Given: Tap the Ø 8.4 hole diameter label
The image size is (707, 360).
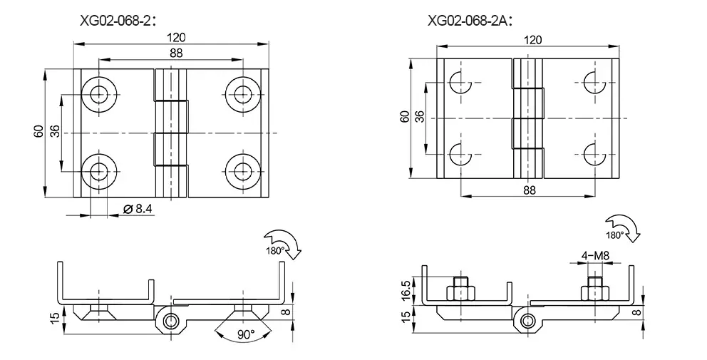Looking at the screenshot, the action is (138, 208).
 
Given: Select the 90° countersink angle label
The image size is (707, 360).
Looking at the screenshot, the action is (246, 334).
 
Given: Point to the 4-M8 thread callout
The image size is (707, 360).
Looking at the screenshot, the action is (595, 256).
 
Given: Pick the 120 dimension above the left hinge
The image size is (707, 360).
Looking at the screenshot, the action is (176, 38).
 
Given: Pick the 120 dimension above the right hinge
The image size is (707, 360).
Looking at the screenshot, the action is (532, 40).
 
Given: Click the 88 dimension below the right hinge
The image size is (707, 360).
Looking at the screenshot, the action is (530, 190).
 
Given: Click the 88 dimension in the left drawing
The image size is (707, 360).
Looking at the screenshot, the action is (176, 53).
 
